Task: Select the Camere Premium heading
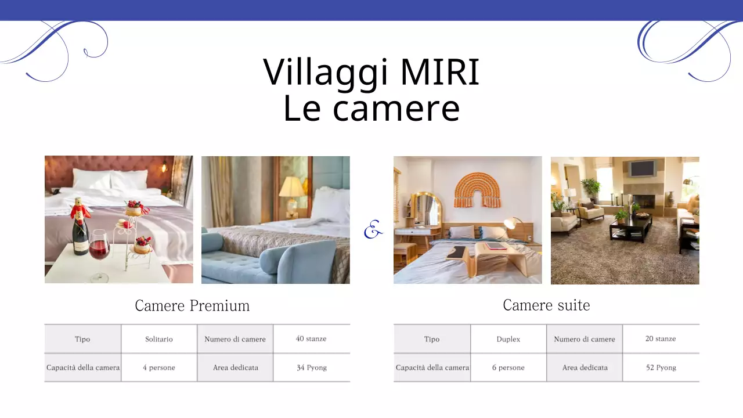[192, 305]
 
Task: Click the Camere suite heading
[546, 305]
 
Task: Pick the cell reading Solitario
[159, 339]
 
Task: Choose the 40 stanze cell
[311, 338]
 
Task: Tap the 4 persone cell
[159, 367]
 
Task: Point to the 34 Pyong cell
[312, 367]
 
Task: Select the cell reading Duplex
[508, 339]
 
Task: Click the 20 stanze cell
[661, 338]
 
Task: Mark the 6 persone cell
[508, 367]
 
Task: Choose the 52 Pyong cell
[661, 367]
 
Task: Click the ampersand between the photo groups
[373, 231]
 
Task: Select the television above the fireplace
[643, 169]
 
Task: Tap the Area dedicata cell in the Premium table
[235, 367]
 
